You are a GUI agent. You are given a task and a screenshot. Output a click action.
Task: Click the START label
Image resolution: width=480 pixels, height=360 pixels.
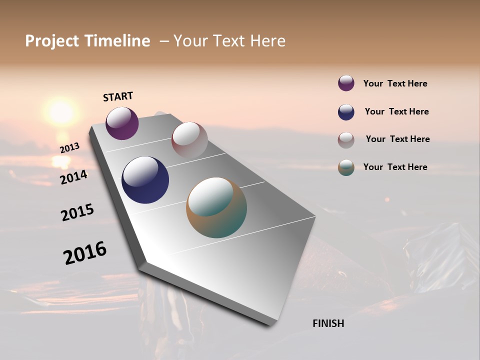point(118,96)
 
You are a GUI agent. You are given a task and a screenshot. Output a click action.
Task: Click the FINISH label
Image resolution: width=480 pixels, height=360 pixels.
point(328,323)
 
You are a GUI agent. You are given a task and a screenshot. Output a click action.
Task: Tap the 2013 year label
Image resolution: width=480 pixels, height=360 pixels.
point(69,148)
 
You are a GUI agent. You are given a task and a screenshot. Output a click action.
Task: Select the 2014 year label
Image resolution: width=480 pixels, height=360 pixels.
point(73,177)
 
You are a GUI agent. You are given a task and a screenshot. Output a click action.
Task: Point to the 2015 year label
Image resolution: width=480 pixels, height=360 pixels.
point(77,212)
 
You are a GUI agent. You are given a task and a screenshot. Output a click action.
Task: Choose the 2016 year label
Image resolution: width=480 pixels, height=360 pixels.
point(85,252)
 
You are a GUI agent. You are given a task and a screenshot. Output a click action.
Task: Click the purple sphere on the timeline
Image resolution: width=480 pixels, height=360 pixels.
point(122,123)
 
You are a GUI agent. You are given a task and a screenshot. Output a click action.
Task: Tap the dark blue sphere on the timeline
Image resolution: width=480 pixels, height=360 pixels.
point(145,180)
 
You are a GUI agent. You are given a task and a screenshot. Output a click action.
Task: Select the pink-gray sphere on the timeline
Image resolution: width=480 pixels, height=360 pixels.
point(189,139)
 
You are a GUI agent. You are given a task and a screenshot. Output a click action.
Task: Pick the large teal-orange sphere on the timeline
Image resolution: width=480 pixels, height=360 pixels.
point(216,207)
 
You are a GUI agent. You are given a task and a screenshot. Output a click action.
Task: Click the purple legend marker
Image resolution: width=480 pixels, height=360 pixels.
point(346,83)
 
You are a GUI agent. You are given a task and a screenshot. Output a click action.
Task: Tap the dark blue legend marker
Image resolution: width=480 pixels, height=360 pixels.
point(346,112)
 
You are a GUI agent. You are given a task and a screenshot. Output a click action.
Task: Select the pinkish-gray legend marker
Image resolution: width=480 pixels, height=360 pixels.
point(346,140)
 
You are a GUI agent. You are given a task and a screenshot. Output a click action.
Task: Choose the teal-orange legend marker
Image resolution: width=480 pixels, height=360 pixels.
point(346,167)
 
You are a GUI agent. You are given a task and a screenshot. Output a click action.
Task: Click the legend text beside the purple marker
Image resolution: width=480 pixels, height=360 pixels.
point(395,83)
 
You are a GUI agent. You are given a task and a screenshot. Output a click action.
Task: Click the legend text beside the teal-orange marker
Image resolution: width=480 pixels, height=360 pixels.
point(395,167)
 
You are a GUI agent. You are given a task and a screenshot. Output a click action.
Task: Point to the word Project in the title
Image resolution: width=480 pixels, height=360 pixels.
point(52,41)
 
